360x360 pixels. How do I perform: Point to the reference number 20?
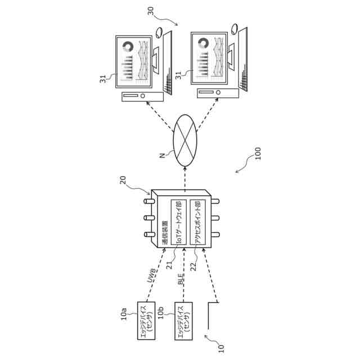tap(123, 181)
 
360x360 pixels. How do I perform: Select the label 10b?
tap(161, 310)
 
